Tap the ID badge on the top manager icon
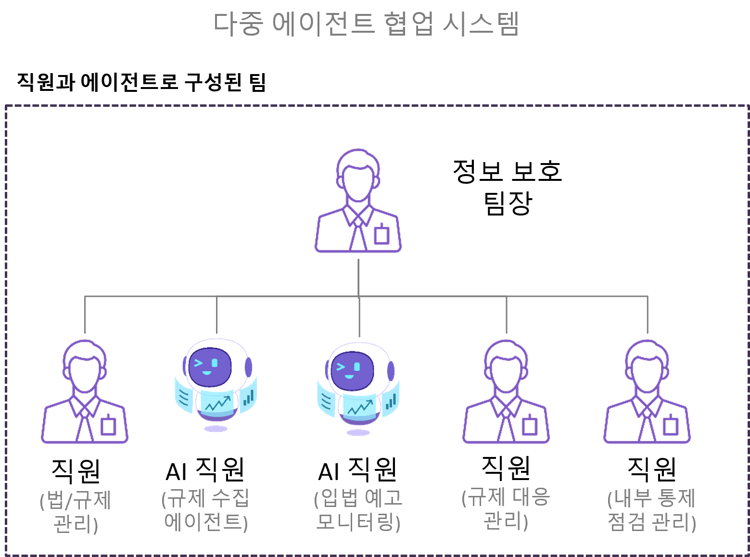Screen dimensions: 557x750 pos(381,235)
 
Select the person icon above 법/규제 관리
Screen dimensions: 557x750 pos(85,392)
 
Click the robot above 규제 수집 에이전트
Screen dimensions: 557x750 pos(216,383)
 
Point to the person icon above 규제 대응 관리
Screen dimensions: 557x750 pos(506,392)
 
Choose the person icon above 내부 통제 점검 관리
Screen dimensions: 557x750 pos(647,392)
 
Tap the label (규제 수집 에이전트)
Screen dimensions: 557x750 pos(206,510)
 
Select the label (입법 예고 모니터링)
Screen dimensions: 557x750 pos(358,510)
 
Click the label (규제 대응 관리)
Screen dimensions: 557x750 pos(506,509)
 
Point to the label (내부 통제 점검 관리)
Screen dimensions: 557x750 pos(652,510)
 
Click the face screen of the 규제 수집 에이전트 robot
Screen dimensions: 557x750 pos(210,367)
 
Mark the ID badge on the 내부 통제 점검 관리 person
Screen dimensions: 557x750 pos(670,426)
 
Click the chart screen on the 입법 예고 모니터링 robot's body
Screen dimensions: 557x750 pos(360,408)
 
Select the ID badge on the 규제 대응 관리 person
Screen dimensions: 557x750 pos(529,426)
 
